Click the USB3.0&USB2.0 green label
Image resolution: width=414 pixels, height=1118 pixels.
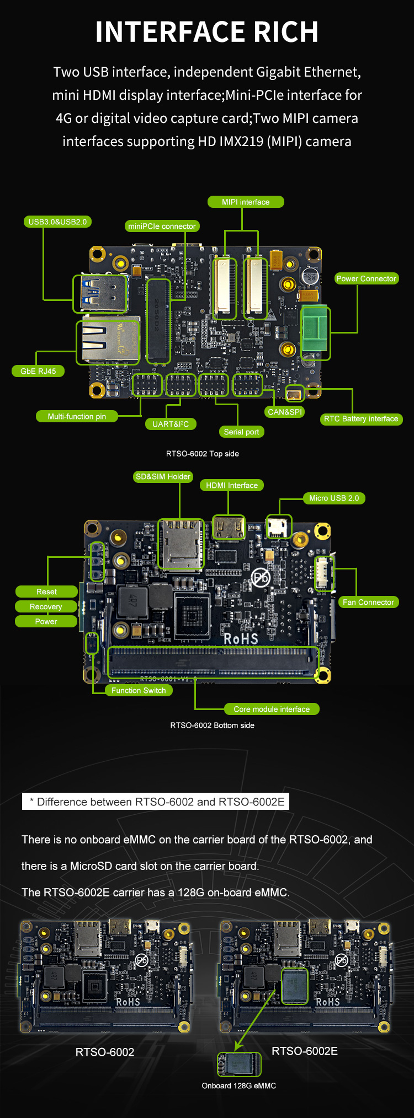57,222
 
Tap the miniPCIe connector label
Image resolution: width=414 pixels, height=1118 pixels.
162,226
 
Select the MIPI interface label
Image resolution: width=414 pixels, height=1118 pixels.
246,202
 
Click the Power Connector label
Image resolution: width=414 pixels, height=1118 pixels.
367,278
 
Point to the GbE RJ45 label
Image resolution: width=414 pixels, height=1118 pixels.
38,371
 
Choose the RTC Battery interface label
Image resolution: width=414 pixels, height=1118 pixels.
361,419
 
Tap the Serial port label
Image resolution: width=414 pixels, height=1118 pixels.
241,432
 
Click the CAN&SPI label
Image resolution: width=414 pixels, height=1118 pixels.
285,412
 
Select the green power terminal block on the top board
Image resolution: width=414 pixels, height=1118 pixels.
315,332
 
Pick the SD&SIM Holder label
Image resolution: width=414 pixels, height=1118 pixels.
163,476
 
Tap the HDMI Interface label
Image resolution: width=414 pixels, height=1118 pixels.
232,485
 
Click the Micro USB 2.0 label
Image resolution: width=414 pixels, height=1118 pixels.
334,498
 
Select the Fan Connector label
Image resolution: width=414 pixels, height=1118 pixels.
368,602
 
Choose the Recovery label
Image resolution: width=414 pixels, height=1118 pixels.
46,606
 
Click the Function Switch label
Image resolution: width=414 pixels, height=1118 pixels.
139,690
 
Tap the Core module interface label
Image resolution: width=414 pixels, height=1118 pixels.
272,709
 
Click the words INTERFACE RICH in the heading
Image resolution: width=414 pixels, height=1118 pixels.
207,32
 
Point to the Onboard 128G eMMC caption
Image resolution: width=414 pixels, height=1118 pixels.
239,1085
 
